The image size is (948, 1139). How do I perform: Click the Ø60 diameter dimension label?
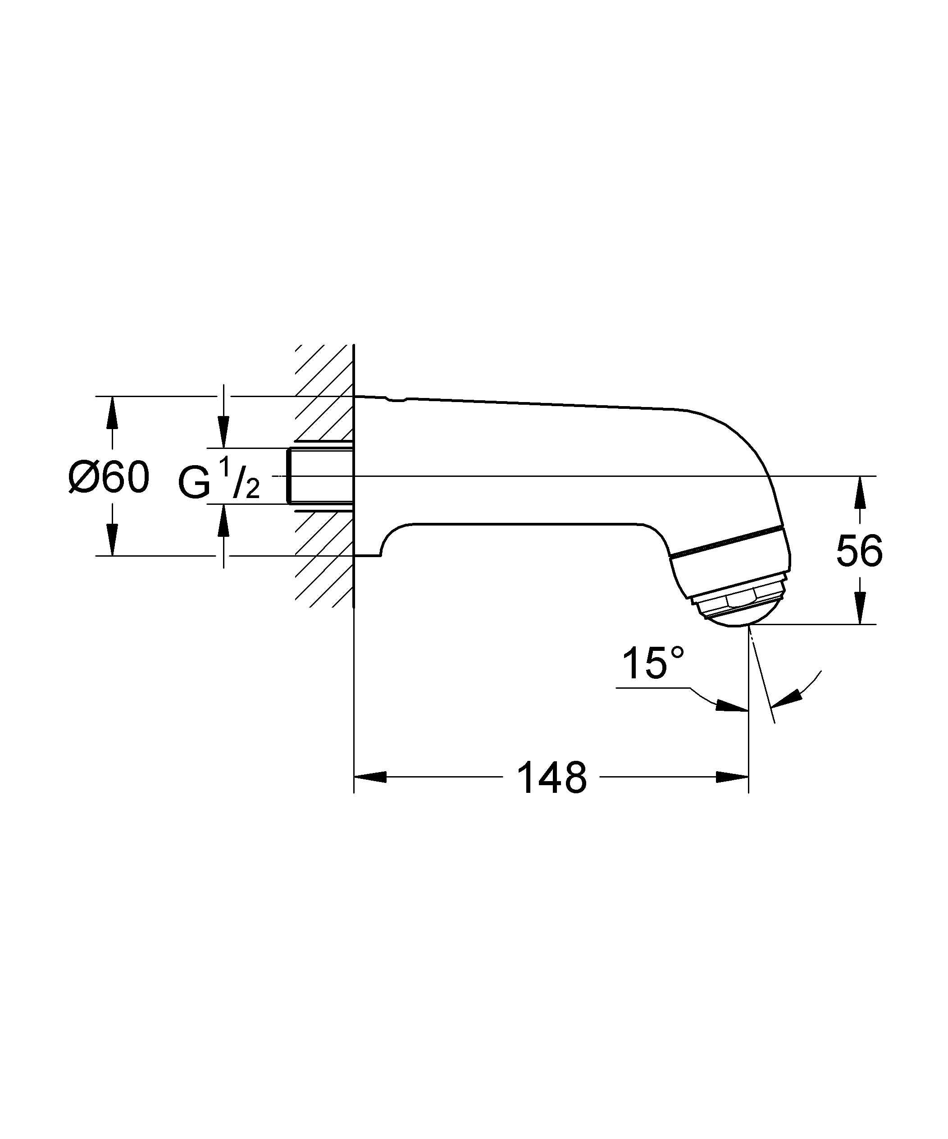point(109,477)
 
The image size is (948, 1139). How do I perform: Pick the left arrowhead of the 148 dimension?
point(370,777)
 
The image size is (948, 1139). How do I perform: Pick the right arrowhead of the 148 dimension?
point(732,777)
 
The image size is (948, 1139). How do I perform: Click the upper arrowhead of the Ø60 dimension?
point(112,412)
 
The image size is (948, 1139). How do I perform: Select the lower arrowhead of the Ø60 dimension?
point(112,539)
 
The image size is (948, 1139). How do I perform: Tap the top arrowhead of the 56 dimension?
point(860,492)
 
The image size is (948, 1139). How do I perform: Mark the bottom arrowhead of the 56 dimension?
point(860,608)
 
